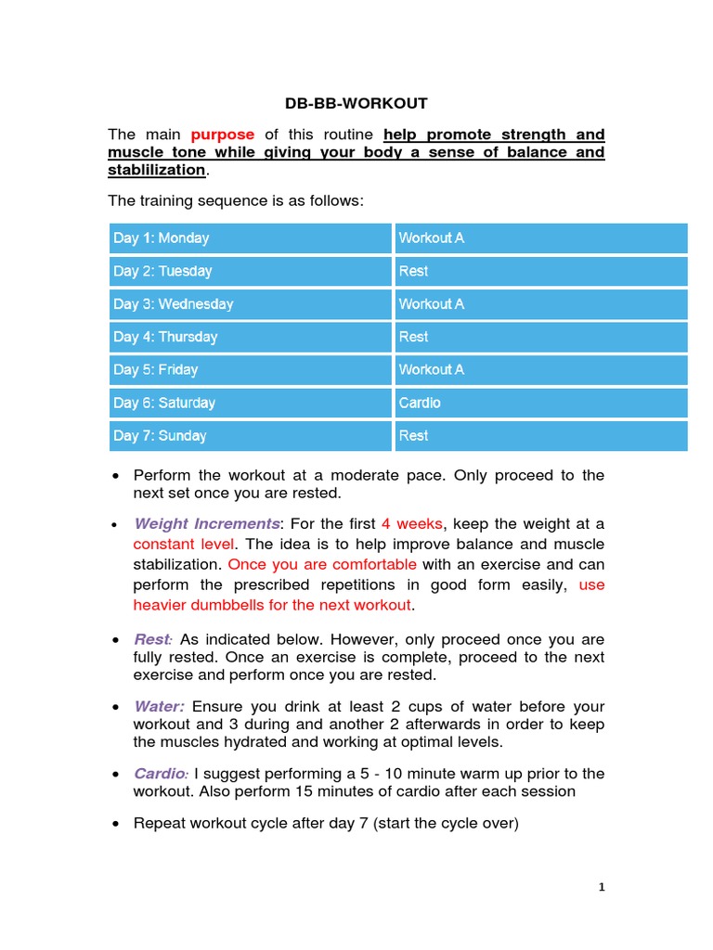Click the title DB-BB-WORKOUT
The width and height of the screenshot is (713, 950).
[356, 103]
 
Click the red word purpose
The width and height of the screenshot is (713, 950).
[222, 135]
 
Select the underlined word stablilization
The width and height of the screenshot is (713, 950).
[156, 170]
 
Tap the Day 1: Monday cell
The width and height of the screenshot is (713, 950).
[250, 238]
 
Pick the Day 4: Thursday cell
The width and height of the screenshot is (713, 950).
[250, 337]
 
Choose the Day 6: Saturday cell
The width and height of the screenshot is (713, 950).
[250, 403]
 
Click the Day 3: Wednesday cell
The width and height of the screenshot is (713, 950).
[250, 304]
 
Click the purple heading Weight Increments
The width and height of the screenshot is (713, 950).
[207, 524]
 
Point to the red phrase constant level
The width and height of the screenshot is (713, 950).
[185, 545]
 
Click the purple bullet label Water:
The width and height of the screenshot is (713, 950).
[159, 707]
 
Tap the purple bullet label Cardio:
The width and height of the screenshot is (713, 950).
[162, 774]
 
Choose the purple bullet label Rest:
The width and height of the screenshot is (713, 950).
[153, 640]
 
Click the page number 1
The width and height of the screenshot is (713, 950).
[602, 888]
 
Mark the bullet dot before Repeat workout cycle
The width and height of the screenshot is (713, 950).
[114, 824]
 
